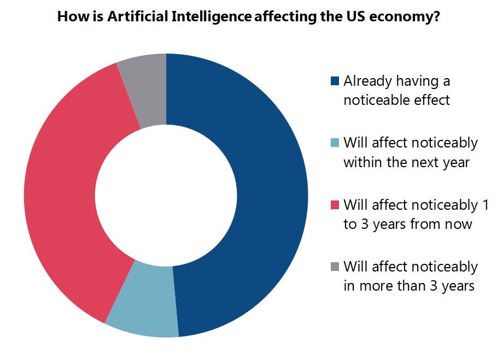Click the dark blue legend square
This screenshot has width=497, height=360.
[335, 82]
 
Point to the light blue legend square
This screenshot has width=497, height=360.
[335, 144]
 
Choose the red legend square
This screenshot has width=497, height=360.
[335, 205]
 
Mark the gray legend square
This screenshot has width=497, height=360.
[335, 267]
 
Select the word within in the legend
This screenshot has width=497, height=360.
[361, 162]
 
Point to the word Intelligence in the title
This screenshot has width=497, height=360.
[218, 17]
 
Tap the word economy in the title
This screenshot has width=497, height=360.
[410, 17]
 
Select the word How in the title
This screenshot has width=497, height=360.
[69, 17]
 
